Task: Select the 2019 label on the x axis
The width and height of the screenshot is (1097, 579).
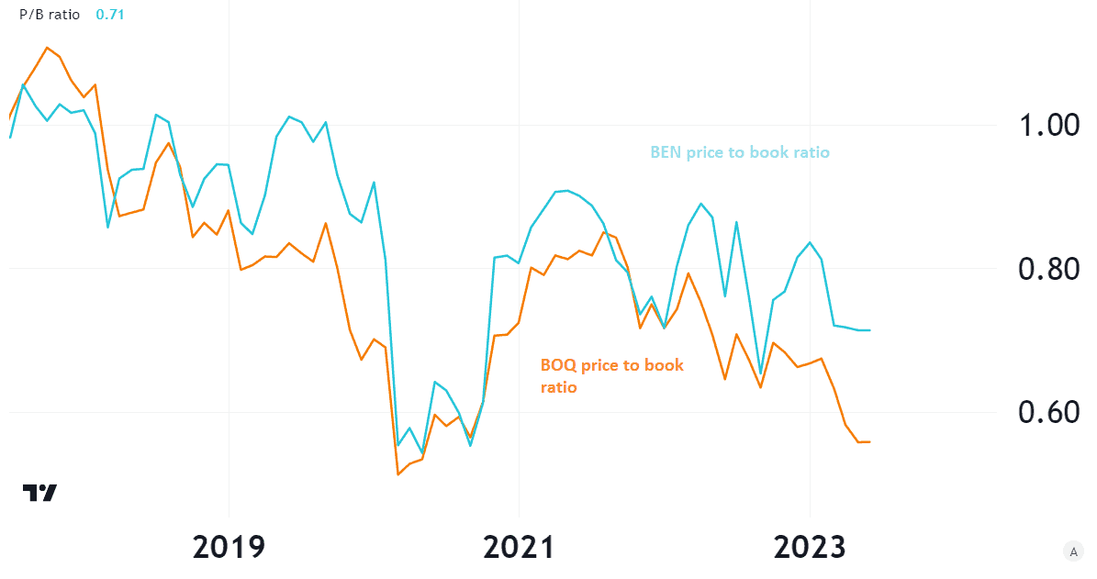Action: [229, 547]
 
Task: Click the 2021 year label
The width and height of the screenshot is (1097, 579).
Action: [519, 547]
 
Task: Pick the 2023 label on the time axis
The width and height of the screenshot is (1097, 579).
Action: [809, 547]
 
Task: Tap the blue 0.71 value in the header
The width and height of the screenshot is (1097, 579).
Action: [108, 15]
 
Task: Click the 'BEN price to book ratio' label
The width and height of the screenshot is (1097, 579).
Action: [740, 152]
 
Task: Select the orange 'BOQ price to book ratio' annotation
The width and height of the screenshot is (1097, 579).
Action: [611, 376]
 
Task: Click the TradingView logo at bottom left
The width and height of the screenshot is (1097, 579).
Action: [39, 493]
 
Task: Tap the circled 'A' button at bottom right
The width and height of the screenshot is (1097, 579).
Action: [1071, 551]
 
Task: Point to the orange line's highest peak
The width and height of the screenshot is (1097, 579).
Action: [48, 47]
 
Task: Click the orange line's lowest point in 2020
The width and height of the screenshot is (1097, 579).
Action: [397, 474]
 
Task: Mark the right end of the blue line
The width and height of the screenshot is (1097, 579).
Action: [869, 330]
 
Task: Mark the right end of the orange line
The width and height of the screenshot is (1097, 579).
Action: [869, 442]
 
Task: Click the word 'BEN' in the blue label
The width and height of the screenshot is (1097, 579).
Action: [666, 152]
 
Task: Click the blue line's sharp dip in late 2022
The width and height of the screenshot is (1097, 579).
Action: [760, 373]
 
